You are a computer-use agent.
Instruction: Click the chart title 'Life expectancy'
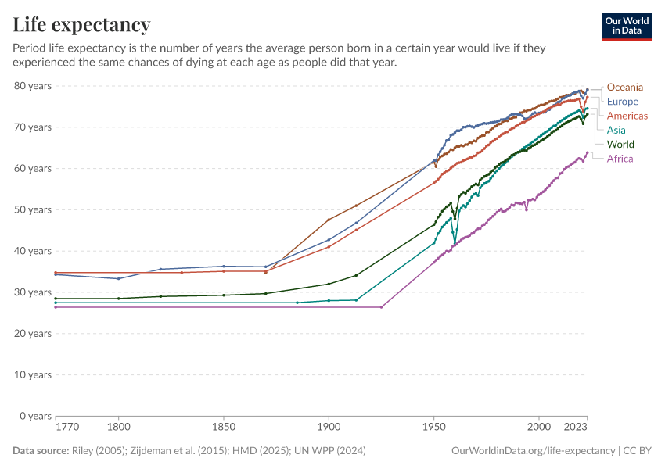81,25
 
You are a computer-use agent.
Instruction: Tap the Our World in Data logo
626,26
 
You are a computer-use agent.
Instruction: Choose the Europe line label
622,102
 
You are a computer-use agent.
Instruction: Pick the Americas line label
627,116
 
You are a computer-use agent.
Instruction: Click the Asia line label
616,130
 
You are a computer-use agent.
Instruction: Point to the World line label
620,145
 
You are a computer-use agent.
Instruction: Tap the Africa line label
620,159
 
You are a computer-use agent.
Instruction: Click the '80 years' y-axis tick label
33,85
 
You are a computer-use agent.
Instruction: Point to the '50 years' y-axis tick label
33,209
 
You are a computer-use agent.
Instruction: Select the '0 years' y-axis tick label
35,416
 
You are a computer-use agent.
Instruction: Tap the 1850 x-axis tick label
223,428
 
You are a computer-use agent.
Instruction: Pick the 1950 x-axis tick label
433,428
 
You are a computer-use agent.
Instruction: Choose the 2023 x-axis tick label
576,428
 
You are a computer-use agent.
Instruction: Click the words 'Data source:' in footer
40,451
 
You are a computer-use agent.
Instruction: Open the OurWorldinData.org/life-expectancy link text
533,451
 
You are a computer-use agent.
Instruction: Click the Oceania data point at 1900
329,220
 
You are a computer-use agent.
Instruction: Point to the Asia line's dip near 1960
455,242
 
